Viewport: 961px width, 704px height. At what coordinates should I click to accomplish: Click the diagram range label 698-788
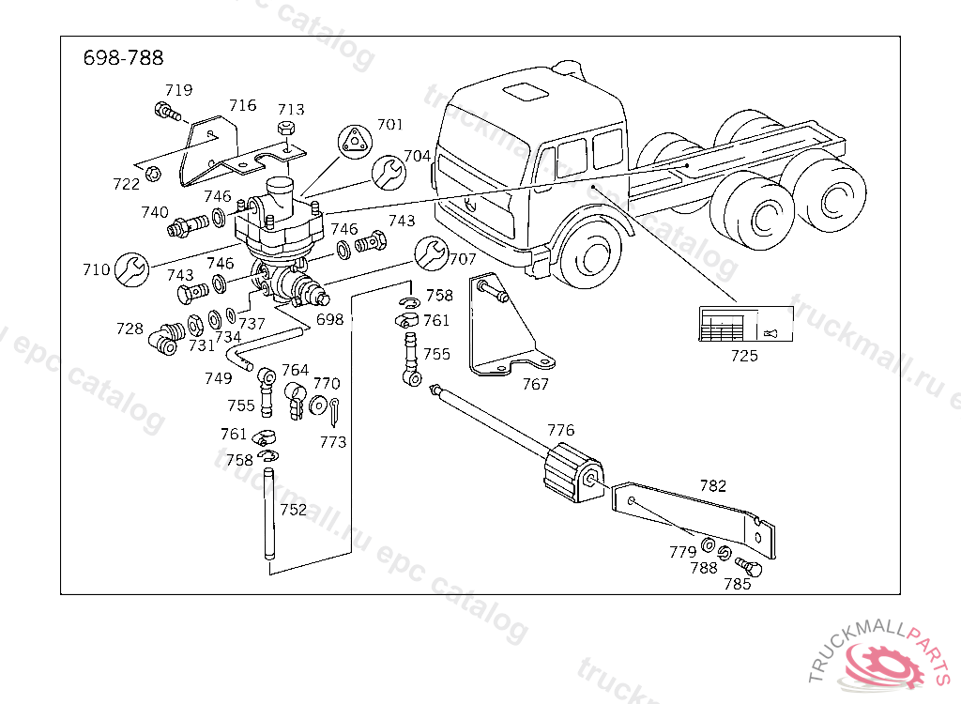[123, 57]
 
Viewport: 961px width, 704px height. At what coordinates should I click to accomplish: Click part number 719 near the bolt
[179, 90]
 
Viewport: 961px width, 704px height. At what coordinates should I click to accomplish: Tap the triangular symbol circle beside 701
[355, 142]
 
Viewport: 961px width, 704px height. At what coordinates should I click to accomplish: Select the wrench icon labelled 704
[389, 173]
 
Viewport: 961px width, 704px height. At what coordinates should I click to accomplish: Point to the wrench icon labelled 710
[131, 268]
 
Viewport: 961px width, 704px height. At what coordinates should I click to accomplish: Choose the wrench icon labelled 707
[432, 253]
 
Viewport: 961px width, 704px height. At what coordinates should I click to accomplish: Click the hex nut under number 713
[286, 129]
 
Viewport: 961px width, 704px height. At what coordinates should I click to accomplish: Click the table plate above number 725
[746, 324]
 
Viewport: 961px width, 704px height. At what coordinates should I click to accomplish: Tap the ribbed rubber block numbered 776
[573, 473]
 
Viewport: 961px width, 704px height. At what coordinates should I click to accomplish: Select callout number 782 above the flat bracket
[713, 485]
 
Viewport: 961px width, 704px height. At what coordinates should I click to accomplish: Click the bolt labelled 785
[748, 566]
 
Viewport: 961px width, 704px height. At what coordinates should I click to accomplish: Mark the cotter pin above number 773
[334, 411]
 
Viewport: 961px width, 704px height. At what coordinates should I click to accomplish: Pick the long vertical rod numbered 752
[268, 513]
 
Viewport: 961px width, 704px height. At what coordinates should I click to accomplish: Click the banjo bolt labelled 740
[188, 224]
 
